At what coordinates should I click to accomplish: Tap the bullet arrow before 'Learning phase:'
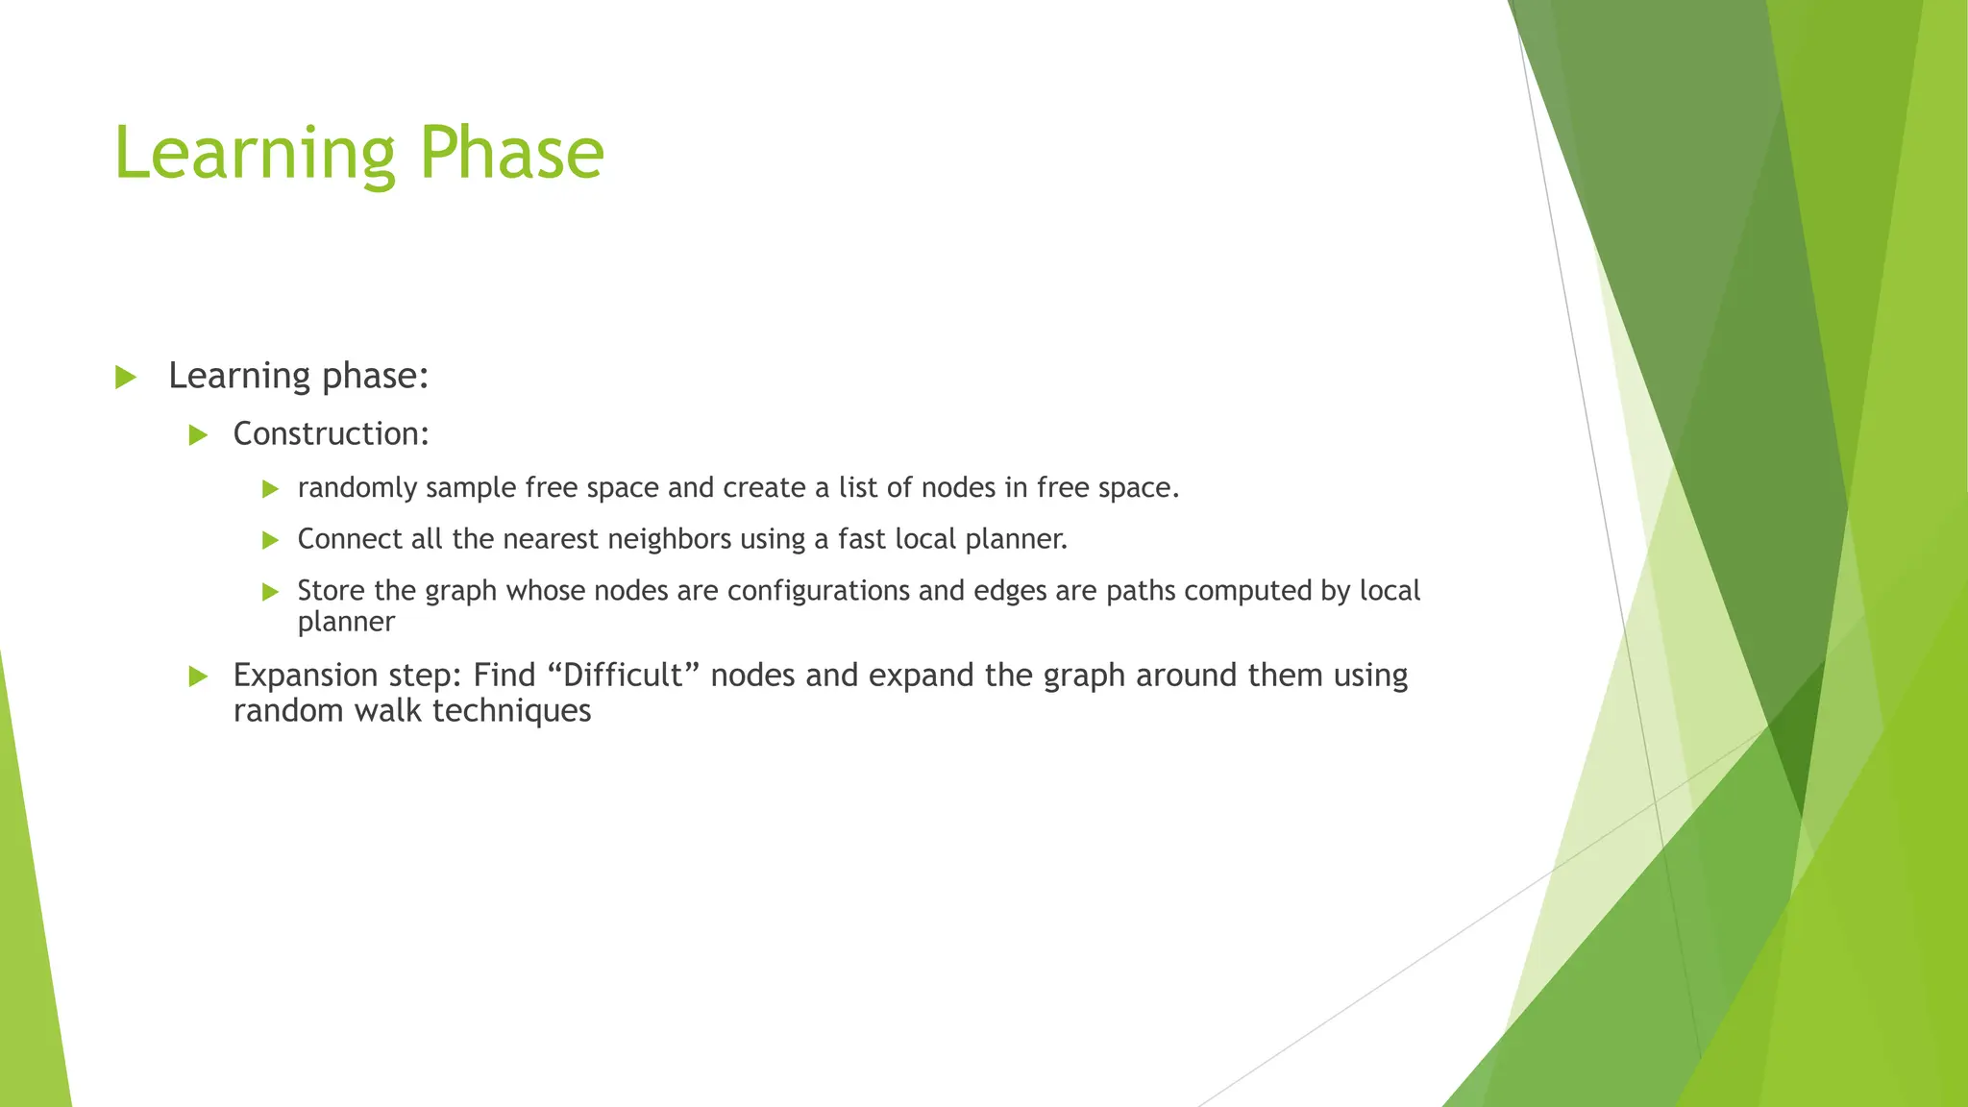click(x=126, y=377)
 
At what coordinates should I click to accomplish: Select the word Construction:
click(x=331, y=434)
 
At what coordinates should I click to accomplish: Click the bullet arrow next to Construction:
click(x=198, y=435)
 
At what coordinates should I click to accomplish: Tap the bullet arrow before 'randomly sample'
click(x=270, y=489)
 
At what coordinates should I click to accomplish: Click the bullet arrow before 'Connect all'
click(x=270, y=540)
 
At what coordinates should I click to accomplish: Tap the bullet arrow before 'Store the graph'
click(x=270, y=592)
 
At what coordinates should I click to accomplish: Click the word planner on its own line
click(x=346, y=623)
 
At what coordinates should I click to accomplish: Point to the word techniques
click(x=511, y=711)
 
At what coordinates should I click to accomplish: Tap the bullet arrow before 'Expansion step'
click(x=198, y=676)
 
